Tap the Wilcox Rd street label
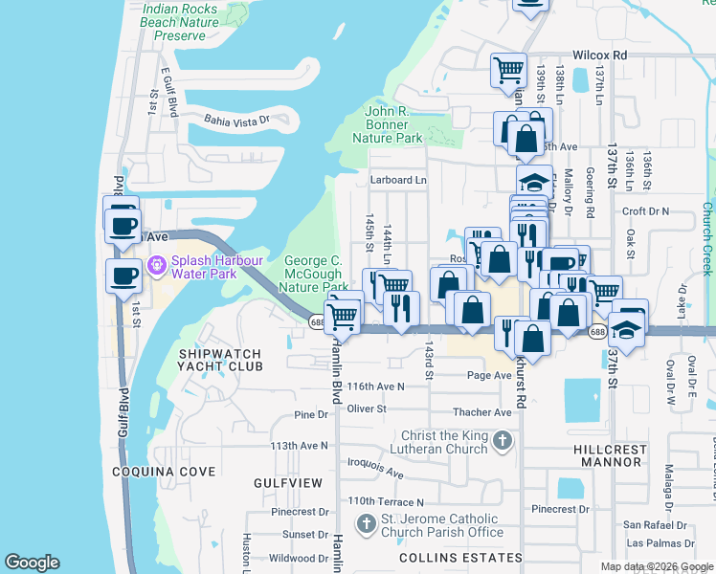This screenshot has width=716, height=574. point(599,55)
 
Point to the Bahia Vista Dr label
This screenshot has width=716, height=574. point(237,121)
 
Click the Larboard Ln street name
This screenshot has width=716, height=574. point(398,180)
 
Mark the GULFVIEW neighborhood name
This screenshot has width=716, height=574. point(288,484)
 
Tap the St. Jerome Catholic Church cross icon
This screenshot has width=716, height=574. point(365,523)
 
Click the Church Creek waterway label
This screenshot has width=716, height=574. point(708,239)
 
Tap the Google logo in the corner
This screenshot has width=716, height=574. point(32,563)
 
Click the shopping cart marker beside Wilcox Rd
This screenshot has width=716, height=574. point(508,69)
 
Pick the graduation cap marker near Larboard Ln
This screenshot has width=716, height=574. point(534,181)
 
